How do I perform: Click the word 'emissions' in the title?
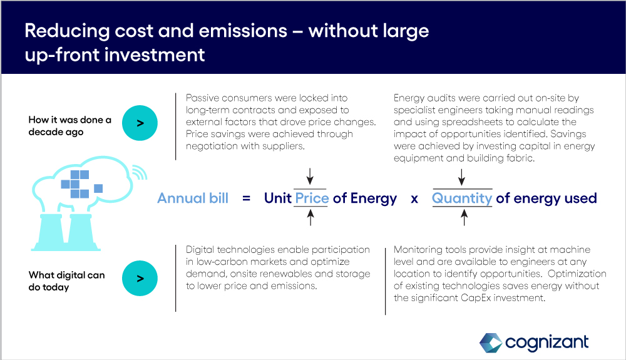pyautogui.click(x=243, y=31)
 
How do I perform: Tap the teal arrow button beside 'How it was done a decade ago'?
pyautogui.click(x=140, y=123)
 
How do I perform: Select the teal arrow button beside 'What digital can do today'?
pyautogui.click(x=140, y=278)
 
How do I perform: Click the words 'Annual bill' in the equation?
pyautogui.click(x=193, y=198)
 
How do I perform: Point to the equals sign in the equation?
pyautogui.click(x=246, y=198)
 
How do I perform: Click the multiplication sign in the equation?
pyautogui.click(x=414, y=198)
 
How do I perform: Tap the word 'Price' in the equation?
pyautogui.click(x=312, y=198)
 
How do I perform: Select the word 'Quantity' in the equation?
pyautogui.click(x=462, y=198)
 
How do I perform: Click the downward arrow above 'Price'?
pyautogui.click(x=310, y=176)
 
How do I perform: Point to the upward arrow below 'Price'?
pyautogui.click(x=310, y=218)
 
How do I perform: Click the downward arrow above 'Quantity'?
pyautogui.click(x=461, y=177)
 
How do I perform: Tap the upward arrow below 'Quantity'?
pyautogui.click(x=464, y=218)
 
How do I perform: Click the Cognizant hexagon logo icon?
pyautogui.click(x=491, y=343)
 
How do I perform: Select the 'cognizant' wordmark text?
pyautogui.click(x=546, y=342)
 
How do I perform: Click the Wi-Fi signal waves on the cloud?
pyautogui.click(x=140, y=172)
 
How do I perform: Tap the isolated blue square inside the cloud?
pyautogui.click(x=98, y=188)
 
